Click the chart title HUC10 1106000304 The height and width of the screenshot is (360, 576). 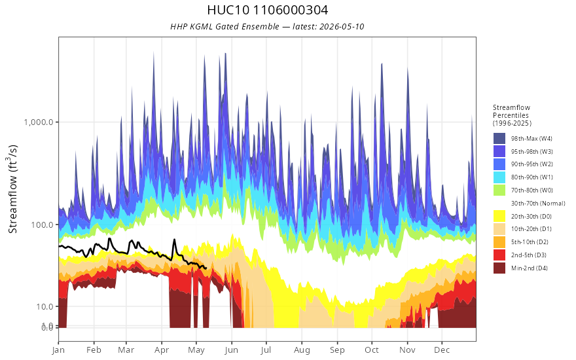pyautogui.click(x=268, y=10)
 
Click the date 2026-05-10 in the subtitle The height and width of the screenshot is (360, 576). pyautogui.click(x=342, y=26)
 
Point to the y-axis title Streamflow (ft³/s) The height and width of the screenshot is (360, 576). pyautogui.click(x=12, y=189)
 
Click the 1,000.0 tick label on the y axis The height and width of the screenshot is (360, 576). pyautogui.click(x=39, y=122)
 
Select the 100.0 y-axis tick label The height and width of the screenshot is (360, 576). pyautogui.click(x=43, y=225)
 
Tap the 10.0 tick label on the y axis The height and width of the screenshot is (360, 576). pyautogui.click(x=45, y=306)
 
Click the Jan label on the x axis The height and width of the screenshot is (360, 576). pyautogui.click(x=58, y=350)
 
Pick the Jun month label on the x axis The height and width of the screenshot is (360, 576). pyautogui.click(x=232, y=350)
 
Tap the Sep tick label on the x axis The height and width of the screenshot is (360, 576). pyautogui.click(x=337, y=350)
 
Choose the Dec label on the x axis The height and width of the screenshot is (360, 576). pyautogui.click(x=442, y=350)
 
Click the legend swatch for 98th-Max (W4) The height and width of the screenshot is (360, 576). pyautogui.click(x=499, y=139)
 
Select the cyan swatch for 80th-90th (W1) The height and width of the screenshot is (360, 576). pyautogui.click(x=499, y=177)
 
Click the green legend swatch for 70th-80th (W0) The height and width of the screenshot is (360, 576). pyautogui.click(x=499, y=190)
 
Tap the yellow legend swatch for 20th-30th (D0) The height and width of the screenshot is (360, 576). pyautogui.click(x=499, y=216)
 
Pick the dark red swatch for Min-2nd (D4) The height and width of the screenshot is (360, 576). pyautogui.click(x=499, y=268)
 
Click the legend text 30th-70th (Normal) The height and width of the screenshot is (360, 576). pyautogui.click(x=538, y=203)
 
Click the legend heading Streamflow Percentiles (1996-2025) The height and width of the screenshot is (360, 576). pyautogui.click(x=512, y=115)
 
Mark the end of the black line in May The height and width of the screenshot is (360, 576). pyautogui.click(x=206, y=268)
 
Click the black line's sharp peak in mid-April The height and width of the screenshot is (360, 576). pyautogui.click(x=174, y=240)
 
